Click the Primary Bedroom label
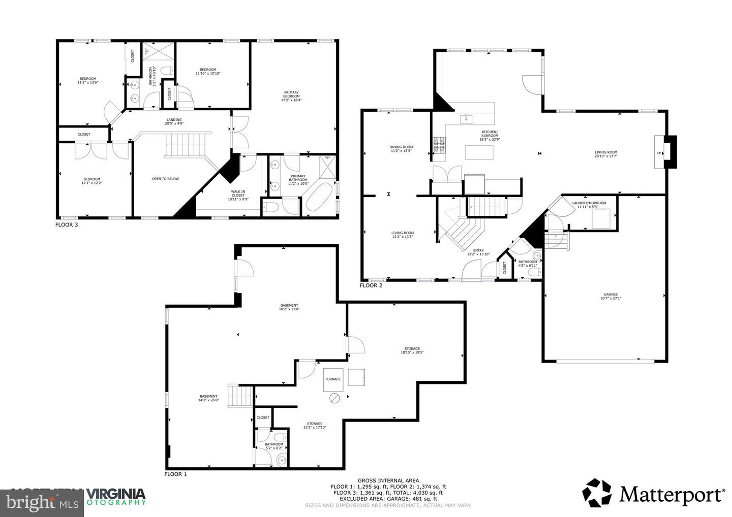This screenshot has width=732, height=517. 291,96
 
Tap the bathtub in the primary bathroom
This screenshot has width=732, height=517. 318,199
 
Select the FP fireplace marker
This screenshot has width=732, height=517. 659,153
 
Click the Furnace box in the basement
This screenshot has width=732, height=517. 333,379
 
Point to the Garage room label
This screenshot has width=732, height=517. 611,296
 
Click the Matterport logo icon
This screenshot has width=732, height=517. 598,493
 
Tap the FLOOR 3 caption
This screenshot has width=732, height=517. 67,224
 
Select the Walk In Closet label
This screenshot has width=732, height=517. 238,195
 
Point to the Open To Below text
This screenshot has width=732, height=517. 165,179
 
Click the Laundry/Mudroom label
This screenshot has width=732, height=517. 589,205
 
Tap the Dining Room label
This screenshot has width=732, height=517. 401,149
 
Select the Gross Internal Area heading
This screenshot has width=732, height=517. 388,480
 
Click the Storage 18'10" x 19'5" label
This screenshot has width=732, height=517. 412,350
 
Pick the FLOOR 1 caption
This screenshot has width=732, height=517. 175,474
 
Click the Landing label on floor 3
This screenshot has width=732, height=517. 173,121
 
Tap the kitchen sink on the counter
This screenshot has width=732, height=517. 466,119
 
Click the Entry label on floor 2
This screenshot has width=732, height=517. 478,252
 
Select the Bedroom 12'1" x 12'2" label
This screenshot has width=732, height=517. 91,181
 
